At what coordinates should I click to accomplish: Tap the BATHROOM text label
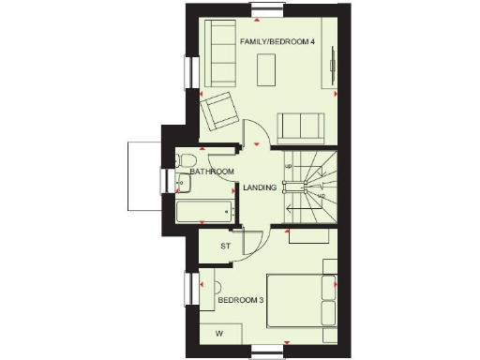[x=212, y=172]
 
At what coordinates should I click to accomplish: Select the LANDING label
[x=260, y=187]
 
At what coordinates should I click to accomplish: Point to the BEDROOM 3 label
[x=241, y=300]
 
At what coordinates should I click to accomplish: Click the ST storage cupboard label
[x=225, y=247]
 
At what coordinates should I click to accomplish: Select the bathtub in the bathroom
[x=205, y=211]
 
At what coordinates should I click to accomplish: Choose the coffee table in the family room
[x=268, y=68]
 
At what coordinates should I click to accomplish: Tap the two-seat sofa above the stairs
[x=301, y=126]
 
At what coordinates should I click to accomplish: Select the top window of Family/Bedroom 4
[x=265, y=8]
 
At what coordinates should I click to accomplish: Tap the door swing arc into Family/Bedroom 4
[x=257, y=131]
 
